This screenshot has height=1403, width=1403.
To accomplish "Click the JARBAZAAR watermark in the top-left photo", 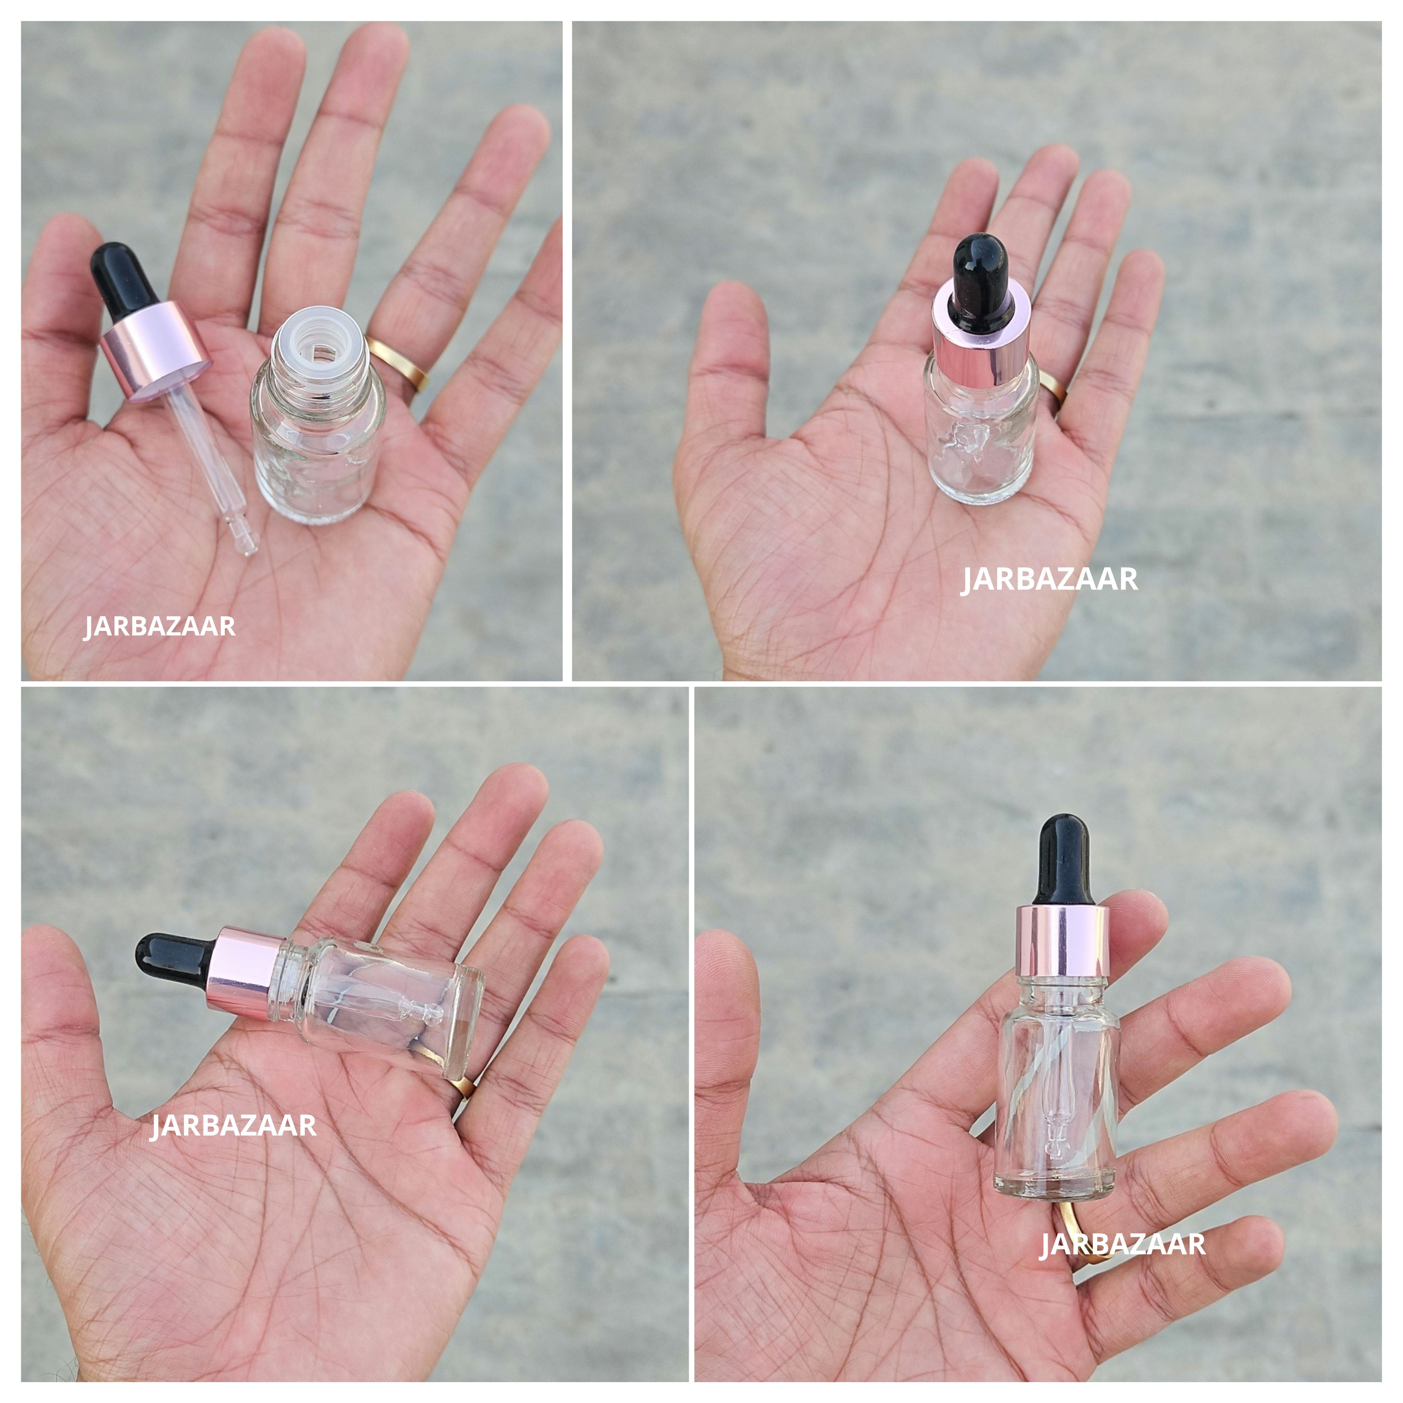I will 160,626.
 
